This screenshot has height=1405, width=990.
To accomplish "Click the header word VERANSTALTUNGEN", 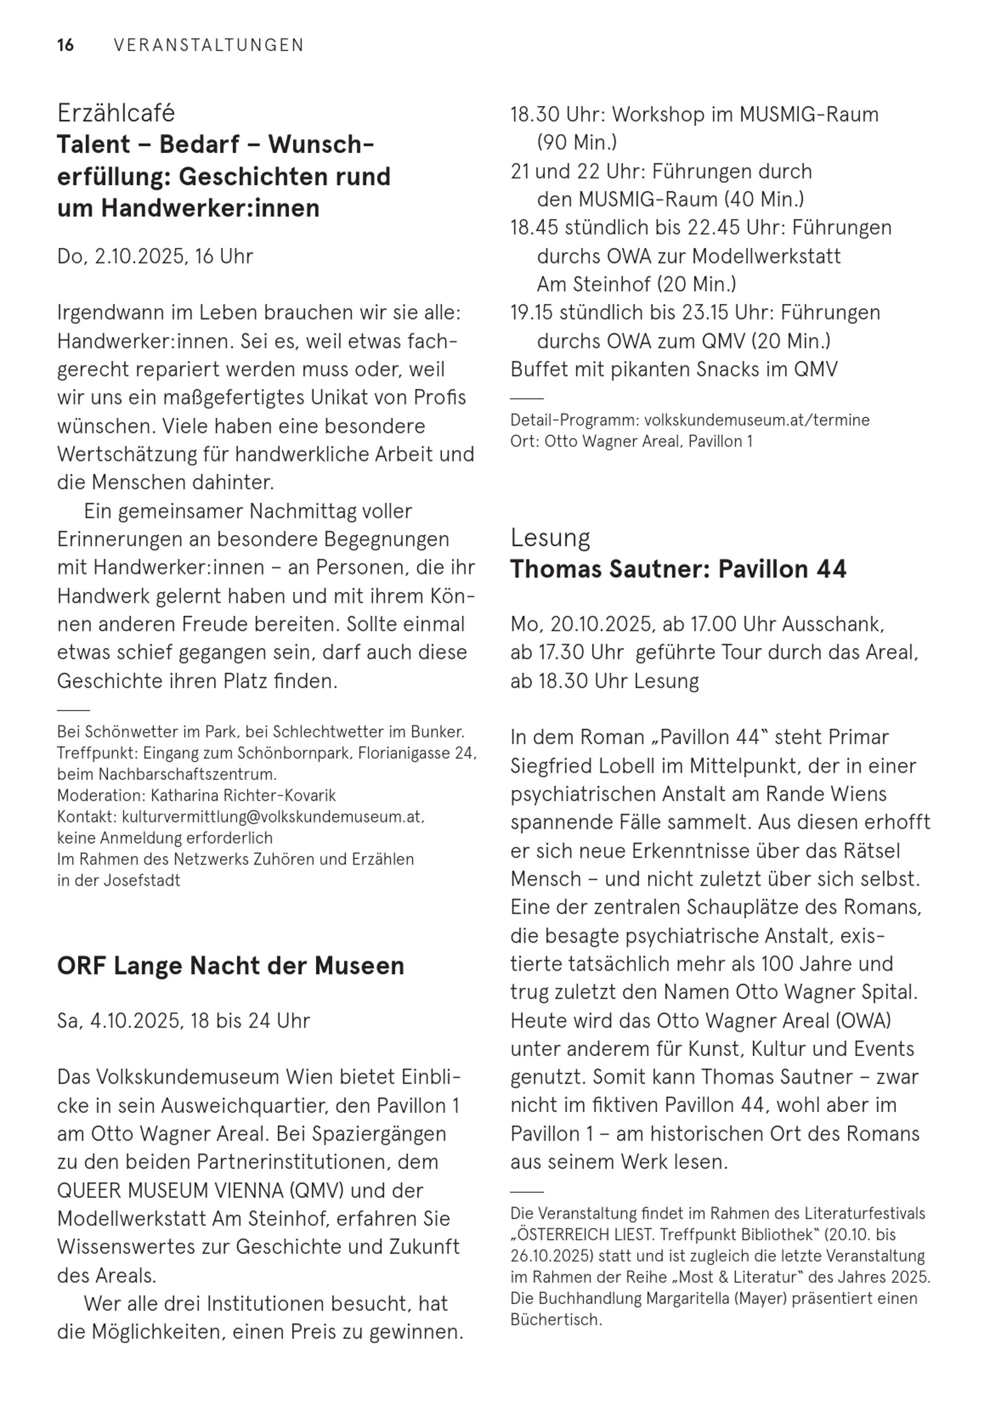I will point(209,46).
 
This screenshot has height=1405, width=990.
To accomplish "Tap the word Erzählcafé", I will point(116,113).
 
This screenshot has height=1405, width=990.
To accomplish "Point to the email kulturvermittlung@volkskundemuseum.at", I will point(271,817).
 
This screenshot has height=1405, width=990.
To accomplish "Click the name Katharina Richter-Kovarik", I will point(243,795).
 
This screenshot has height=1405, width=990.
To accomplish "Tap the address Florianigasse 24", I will point(416,753).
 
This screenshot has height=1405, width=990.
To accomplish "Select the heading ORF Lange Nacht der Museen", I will point(231,966).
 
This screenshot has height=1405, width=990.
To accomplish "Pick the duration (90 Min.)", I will point(577,143).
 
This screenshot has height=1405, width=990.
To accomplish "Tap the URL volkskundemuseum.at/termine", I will point(757,420).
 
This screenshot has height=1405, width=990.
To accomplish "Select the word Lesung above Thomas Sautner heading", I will point(550,537).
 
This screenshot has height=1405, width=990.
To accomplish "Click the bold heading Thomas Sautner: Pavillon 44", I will point(678,569).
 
